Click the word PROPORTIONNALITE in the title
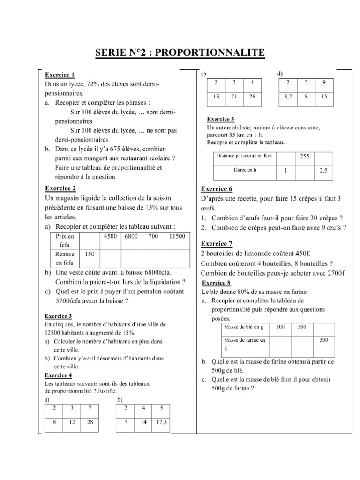coord(210,53)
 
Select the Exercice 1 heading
coord(60,75)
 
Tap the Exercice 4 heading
coord(58,375)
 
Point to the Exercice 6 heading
coord(217,189)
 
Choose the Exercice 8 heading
coord(216,283)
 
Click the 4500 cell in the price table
coord(111,237)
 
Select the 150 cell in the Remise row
coord(90,254)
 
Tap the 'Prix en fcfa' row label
coord(65,241)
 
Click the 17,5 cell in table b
coord(161,422)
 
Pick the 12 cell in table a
coord(72,422)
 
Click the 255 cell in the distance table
coord(305,157)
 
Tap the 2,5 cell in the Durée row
coord(323,171)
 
